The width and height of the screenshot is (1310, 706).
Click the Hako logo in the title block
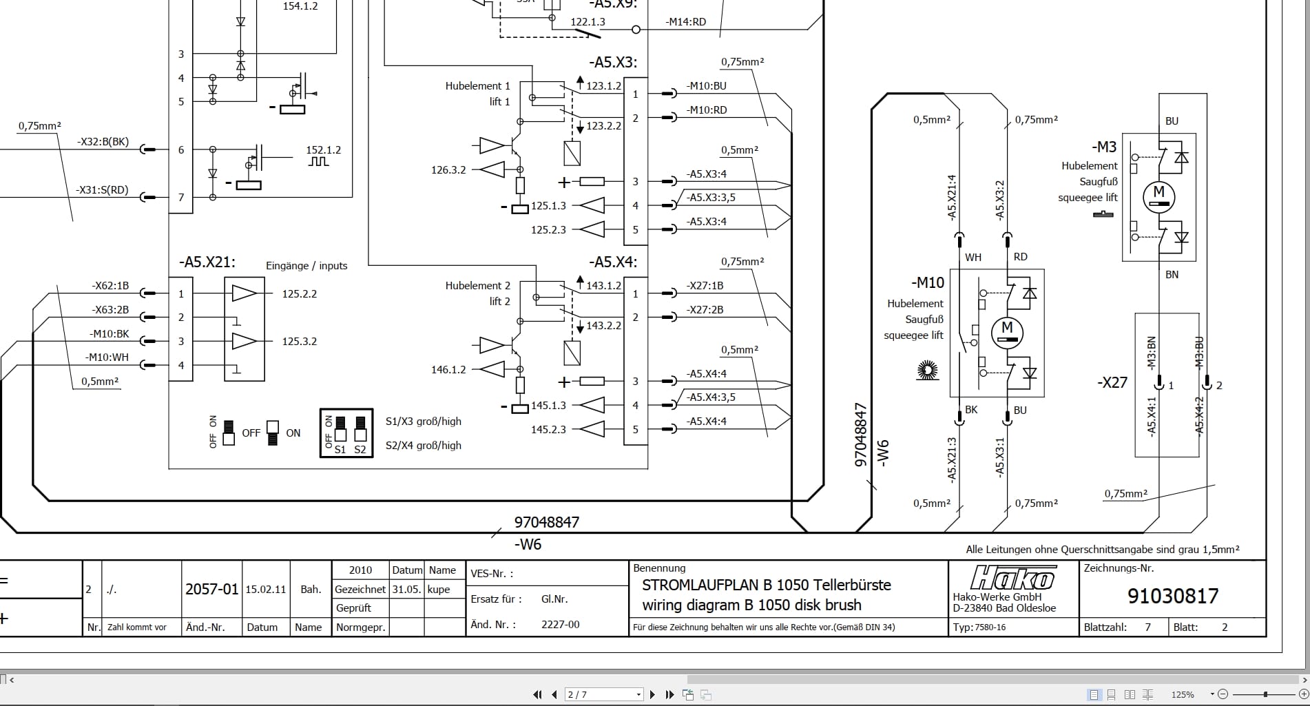[x=1012, y=577]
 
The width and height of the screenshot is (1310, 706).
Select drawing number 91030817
[x=1172, y=596]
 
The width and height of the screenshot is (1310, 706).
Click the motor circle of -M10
[x=1007, y=332]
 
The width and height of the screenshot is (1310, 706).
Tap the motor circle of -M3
[x=1158, y=196]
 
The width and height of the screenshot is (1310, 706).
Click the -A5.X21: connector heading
[x=207, y=262]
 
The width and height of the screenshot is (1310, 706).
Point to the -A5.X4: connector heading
[x=612, y=262]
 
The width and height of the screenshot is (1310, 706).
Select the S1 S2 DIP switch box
[x=346, y=433]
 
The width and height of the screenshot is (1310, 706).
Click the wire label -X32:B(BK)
[x=103, y=142]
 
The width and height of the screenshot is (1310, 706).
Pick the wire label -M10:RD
[x=706, y=110]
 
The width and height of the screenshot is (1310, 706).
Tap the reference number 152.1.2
[x=323, y=149]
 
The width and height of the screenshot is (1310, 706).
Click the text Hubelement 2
[x=477, y=286]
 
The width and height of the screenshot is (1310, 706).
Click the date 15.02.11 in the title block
[x=265, y=590]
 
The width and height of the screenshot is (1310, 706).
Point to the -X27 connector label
[x=1112, y=383]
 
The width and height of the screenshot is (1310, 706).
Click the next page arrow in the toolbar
[x=652, y=694]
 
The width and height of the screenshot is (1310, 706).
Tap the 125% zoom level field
[x=1183, y=694]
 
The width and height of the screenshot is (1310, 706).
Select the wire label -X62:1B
[x=110, y=286]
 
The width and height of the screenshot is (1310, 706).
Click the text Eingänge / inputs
[x=306, y=266]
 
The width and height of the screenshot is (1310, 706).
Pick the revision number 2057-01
[x=211, y=590]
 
